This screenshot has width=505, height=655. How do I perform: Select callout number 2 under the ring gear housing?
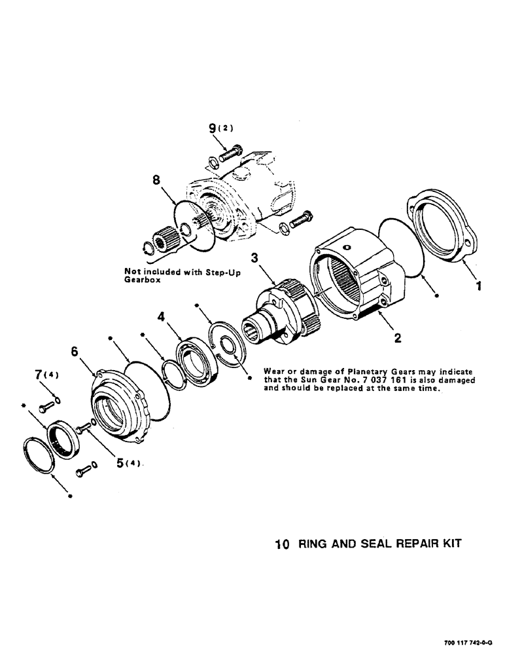[x=397, y=339]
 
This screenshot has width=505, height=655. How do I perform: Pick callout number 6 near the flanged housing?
[x=74, y=352]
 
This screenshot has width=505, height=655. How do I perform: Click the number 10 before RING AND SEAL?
[x=281, y=544]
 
